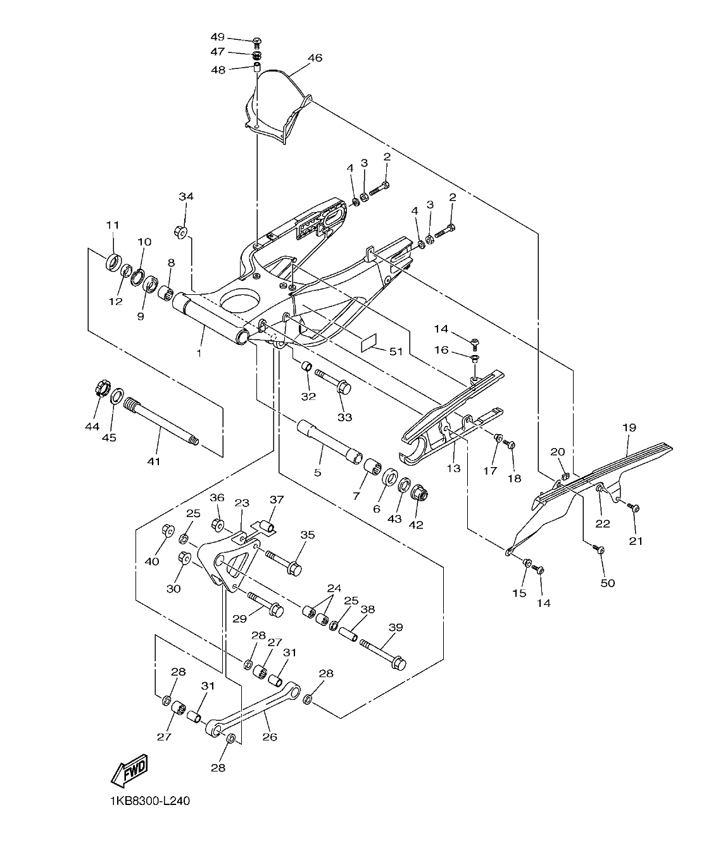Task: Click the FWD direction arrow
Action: [129, 770]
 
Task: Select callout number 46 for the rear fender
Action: [315, 58]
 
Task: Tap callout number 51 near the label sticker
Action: [396, 352]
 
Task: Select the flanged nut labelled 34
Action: [180, 232]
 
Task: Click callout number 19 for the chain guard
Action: [628, 428]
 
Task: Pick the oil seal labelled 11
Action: [113, 261]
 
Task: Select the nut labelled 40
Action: [168, 530]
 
